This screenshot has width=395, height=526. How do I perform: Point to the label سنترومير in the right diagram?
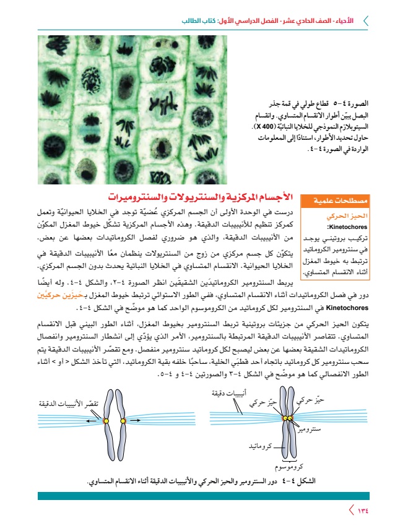(308, 428)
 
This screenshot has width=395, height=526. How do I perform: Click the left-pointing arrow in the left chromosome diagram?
(93, 421)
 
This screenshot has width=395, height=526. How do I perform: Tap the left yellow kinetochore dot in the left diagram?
(105, 421)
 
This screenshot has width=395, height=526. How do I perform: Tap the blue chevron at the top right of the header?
(365, 20)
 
